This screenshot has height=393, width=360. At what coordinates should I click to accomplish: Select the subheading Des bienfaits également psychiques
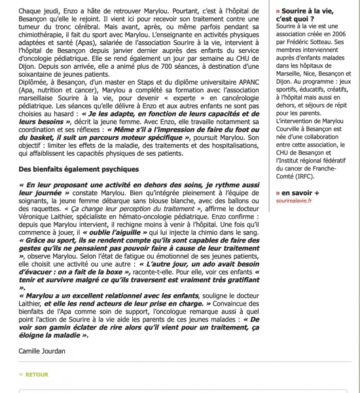69,170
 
